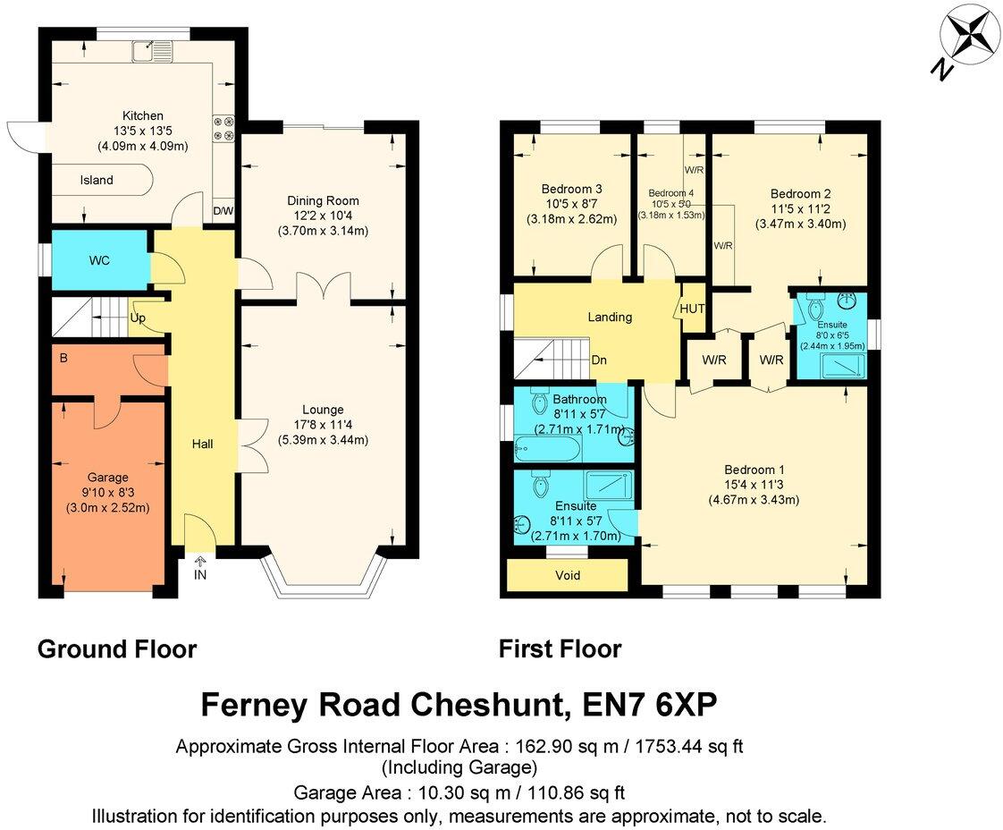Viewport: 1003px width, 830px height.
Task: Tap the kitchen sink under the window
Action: [x=147, y=50]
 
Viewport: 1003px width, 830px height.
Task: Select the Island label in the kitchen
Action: [x=97, y=180]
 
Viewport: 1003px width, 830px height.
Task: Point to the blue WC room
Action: [x=98, y=260]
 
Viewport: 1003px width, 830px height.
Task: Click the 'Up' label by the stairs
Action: [x=139, y=318]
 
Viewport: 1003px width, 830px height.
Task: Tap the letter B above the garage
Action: [x=63, y=360]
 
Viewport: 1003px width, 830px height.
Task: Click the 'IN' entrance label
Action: [x=200, y=574]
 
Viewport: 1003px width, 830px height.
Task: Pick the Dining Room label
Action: [x=323, y=200]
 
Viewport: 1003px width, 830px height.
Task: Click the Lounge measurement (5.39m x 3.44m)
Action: [x=323, y=440]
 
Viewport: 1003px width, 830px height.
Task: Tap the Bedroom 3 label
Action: [x=571, y=189]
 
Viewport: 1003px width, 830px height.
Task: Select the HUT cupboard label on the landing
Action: [x=692, y=309]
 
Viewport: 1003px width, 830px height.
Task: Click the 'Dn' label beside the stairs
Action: [x=601, y=360]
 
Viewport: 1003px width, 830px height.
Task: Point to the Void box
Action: [x=568, y=575]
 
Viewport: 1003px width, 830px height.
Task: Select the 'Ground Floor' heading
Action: [x=117, y=648]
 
